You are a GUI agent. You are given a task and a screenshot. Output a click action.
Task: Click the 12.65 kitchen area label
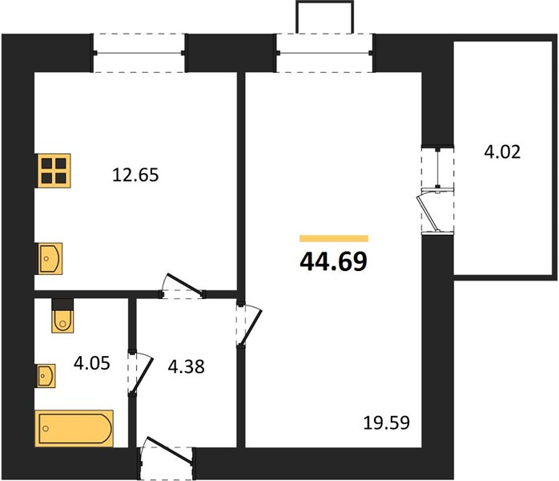pos(135,176)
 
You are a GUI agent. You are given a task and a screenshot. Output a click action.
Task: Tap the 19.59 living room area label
pos(387,422)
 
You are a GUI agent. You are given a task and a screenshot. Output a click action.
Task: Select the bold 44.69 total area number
pos(333,261)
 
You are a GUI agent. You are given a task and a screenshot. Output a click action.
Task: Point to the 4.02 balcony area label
pos(502,152)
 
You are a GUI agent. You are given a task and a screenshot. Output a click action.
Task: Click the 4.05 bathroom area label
pos(91,363)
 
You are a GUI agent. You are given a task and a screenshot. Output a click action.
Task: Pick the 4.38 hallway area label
pos(186,366)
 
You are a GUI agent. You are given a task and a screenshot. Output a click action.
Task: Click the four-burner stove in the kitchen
pos(54,171)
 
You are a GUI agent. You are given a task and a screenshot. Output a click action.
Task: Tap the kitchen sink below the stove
pos(50,259)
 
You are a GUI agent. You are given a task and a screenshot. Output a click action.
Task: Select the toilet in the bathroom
pos(62,316)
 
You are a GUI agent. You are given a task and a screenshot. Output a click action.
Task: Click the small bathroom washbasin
pos(46,376)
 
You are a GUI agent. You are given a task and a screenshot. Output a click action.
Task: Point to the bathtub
pos(74,428)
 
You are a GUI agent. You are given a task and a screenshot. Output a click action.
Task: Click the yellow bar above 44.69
pos(334,239)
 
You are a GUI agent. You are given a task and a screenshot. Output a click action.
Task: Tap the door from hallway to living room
pos(249,324)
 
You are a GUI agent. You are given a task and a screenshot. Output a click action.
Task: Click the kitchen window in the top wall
pos(139,53)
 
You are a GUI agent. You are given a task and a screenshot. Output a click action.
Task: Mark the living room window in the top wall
pos(324,53)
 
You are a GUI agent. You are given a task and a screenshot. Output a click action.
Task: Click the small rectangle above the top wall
pos(325,17)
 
